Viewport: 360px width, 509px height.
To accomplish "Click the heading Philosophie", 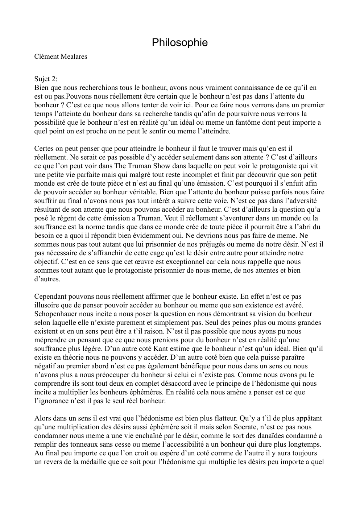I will click(x=179, y=43).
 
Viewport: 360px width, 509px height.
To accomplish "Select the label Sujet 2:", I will click(x=46, y=79).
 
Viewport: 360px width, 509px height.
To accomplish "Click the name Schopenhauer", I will click(x=56, y=314).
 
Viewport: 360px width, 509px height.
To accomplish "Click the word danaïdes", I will click(x=271, y=435).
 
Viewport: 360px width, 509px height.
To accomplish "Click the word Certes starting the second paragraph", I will click(x=44, y=148).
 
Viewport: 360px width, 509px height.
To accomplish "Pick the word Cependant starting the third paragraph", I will click(x=50, y=296).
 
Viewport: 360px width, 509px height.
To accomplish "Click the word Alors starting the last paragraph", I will click(x=42, y=418).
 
